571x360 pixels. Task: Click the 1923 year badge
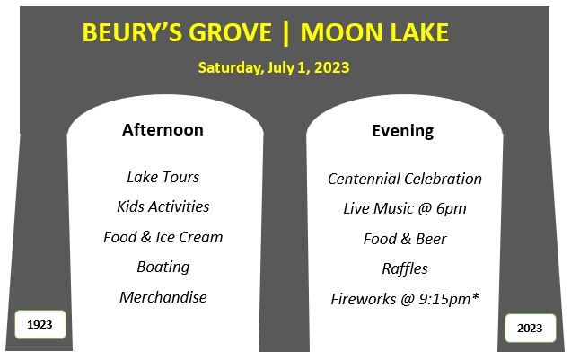tap(40, 324)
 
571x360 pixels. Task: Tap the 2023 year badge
tap(531, 328)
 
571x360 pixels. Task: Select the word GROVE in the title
tap(230, 32)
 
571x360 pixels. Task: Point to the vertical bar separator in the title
tap(285, 33)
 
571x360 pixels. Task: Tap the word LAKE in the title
tap(419, 32)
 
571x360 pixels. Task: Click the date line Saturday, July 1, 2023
tap(274, 67)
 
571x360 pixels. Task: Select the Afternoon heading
tap(163, 130)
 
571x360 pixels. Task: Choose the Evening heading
tap(403, 131)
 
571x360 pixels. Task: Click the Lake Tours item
tap(163, 177)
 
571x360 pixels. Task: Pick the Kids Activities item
tap(163, 206)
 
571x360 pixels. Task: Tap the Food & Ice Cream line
tap(163, 237)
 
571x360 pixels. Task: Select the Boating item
tap(163, 268)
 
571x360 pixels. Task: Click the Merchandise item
tap(163, 297)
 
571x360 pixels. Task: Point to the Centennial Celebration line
tap(405, 179)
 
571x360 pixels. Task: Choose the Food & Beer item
tap(405, 239)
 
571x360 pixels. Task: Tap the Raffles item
tap(405, 269)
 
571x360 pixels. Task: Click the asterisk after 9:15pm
tap(475, 296)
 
